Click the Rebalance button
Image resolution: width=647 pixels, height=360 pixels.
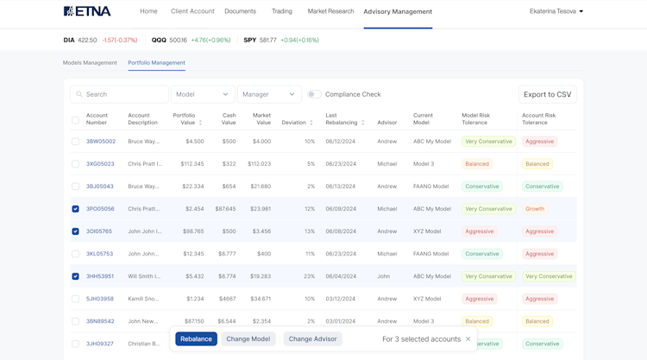click(196, 339)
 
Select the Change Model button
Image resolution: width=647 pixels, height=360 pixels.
click(248, 339)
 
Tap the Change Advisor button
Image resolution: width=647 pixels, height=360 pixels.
click(312, 339)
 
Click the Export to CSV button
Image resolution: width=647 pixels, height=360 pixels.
click(547, 94)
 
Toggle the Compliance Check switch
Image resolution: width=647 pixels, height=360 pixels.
click(314, 94)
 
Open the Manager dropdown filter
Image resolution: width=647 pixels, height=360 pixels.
click(269, 94)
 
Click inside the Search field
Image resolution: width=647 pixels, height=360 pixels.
click(121, 94)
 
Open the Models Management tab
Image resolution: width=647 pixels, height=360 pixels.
click(90, 63)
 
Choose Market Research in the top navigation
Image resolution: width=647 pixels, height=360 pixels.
click(330, 11)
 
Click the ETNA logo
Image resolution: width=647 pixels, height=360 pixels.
click(87, 11)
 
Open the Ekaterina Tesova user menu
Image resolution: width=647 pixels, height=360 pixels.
click(556, 11)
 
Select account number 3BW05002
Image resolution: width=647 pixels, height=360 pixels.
click(100, 142)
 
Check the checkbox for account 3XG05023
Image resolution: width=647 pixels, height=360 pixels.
click(75, 164)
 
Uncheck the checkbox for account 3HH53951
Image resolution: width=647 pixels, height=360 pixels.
click(75, 276)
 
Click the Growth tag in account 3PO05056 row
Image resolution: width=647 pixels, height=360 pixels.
click(535, 209)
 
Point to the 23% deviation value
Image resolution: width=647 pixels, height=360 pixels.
click(309, 276)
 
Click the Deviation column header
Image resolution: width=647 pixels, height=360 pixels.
click(294, 123)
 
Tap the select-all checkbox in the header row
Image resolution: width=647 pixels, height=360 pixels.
click(75, 120)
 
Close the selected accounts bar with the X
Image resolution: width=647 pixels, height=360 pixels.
click(468, 339)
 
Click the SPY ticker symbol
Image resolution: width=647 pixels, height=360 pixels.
click(249, 40)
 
